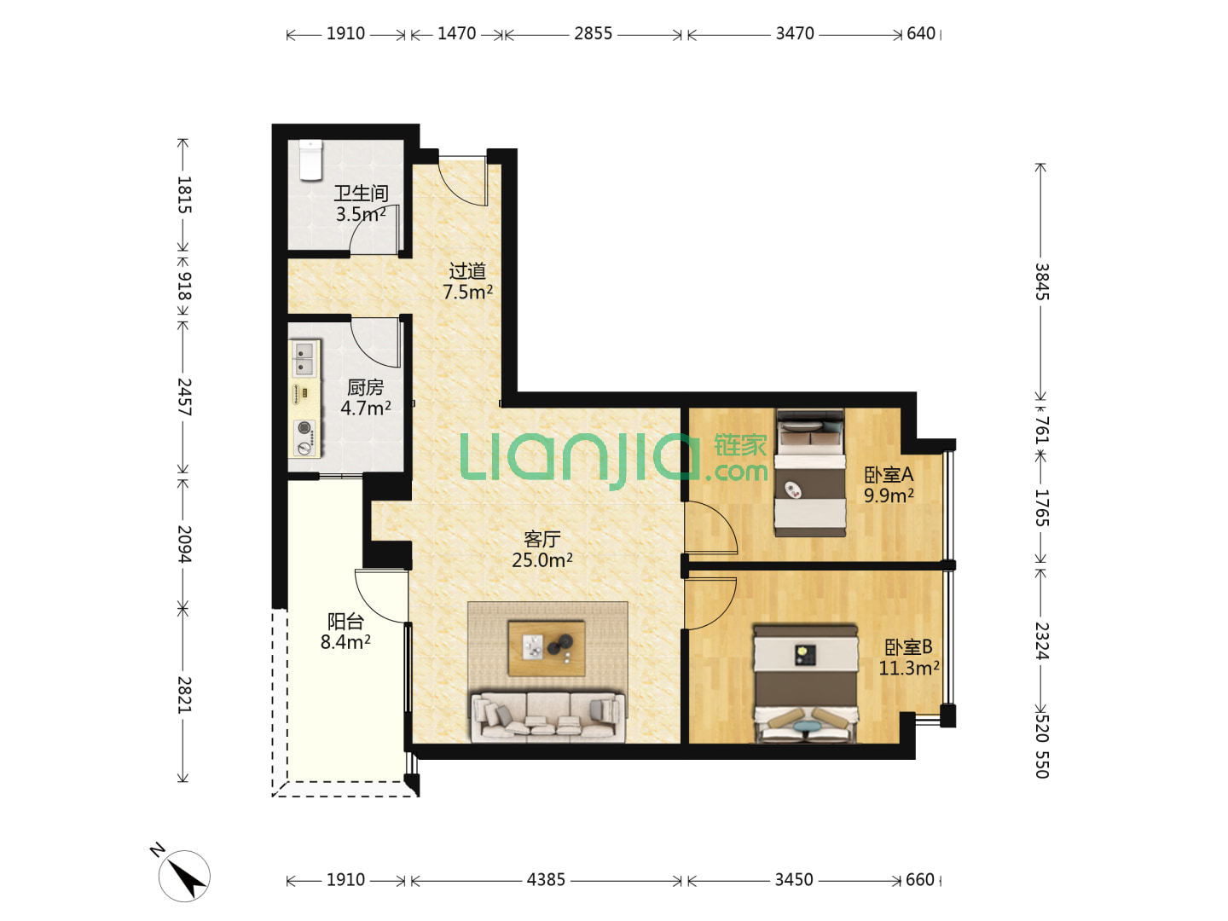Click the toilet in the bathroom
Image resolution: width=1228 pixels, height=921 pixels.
tap(310, 160)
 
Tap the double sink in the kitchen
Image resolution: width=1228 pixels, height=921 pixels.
tap(304, 359)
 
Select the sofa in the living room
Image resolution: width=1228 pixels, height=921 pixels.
tap(547, 717)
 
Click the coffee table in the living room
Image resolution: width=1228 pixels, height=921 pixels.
tap(547, 647)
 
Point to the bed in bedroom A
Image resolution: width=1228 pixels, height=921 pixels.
tap(809, 472)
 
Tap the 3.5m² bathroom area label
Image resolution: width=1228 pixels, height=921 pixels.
tap(360, 214)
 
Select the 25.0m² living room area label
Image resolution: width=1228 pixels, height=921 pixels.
tap(542, 559)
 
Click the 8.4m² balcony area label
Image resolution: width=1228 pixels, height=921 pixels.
tap(345, 642)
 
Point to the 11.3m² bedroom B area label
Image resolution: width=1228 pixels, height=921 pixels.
tap(908, 668)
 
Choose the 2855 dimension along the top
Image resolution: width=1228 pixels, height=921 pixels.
tap(593, 33)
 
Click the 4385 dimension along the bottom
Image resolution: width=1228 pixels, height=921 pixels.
tap(546, 879)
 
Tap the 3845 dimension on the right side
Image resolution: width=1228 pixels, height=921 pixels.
tap(1041, 281)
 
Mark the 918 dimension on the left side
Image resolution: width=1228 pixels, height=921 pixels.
tap(184, 286)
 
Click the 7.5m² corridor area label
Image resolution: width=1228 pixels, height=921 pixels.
tap(467, 292)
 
